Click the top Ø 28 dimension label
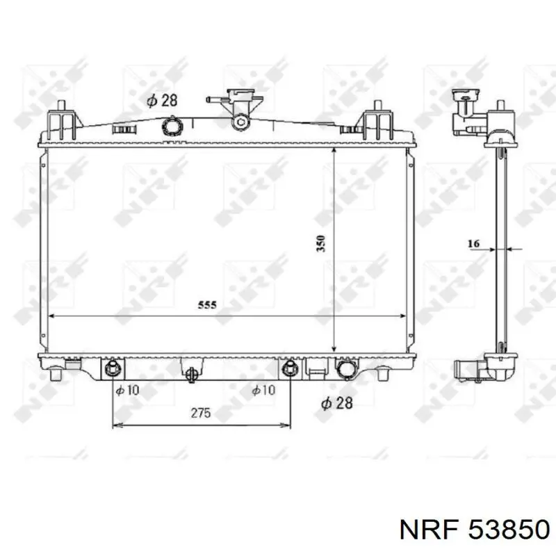click(162, 100)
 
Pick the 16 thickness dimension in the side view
click(474, 243)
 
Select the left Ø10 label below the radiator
click(127, 391)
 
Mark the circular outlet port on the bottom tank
click(345, 369)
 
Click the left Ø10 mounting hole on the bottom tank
click(113, 368)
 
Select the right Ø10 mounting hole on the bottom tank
click(291, 368)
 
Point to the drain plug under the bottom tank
click(192, 374)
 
